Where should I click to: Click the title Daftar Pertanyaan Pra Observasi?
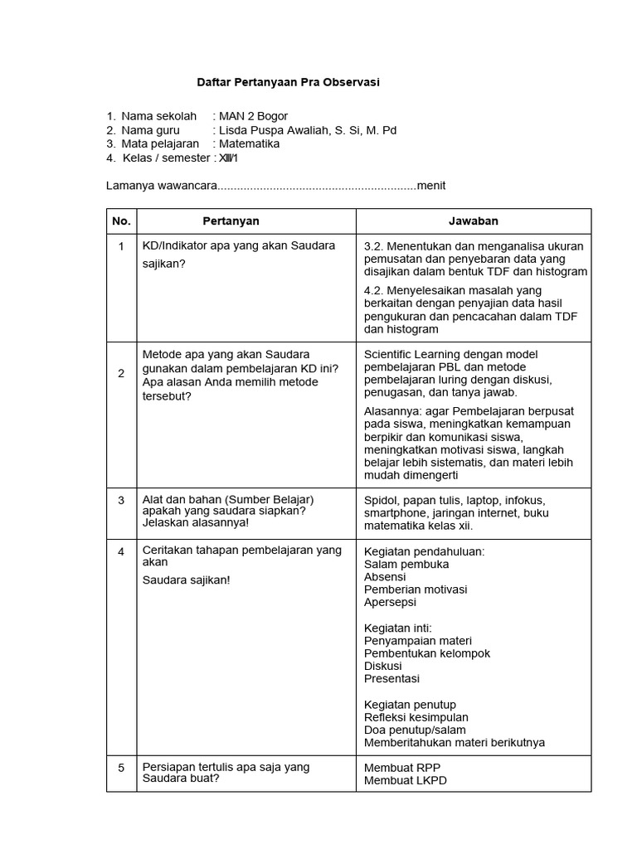[x=288, y=83]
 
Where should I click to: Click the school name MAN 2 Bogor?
[x=253, y=116]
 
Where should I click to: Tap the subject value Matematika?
[x=249, y=143]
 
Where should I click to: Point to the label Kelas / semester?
[x=166, y=158]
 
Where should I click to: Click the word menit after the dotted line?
[x=431, y=185]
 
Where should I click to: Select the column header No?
[x=121, y=221]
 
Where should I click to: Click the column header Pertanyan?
[x=231, y=221]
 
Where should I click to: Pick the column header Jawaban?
[x=474, y=221]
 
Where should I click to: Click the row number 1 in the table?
[x=121, y=247]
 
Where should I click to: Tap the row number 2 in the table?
[x=121, y=373]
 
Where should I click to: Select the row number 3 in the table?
[x=121, y=501]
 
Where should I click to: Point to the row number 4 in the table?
[x=121, y=551]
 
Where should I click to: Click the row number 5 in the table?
[x=121, y=768]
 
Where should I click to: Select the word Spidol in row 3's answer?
[x=381, y=501]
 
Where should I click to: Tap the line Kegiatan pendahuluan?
[x=424, y=551]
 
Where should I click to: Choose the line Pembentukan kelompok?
[x=426, y=653]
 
